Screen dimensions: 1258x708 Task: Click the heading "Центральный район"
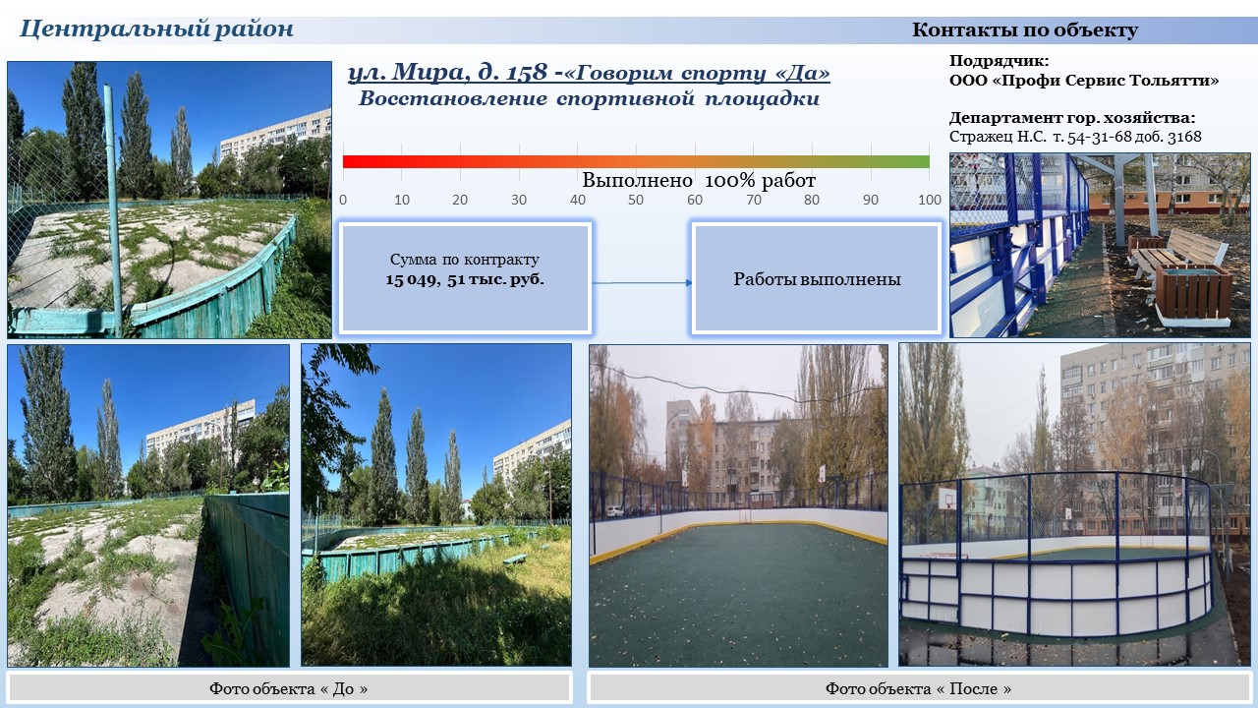[156, 29]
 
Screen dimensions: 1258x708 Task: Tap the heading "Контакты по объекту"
[1025, 29]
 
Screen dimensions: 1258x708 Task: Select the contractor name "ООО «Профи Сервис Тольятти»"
[1084, 81]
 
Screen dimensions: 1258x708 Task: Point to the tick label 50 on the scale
[636, 200]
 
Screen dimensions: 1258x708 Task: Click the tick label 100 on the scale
[930, 200]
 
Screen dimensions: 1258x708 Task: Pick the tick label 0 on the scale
[343, 200]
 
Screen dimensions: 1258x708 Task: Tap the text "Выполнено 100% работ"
[699, 180]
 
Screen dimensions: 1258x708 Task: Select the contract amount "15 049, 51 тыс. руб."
[465, 280]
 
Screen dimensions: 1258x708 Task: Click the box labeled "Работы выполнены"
[817, 278]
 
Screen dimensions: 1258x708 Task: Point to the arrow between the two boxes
[642, 282]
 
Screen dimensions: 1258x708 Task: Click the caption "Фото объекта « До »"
[289, 688]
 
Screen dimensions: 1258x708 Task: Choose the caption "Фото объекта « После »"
[918, 688]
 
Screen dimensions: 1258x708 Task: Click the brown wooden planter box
[1193, 292]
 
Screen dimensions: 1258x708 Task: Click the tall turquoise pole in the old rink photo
[113, 207]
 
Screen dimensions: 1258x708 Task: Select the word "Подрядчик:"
[1000, 61]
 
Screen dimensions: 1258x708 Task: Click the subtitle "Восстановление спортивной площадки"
[589, 99]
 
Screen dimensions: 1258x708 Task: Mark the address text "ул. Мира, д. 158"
[447, 73]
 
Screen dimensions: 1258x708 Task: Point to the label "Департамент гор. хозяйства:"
[1072, 118]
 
